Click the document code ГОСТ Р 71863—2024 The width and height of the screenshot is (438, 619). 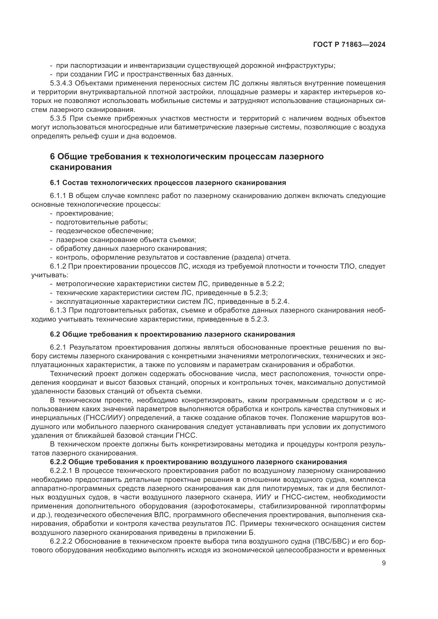tap(349, 45)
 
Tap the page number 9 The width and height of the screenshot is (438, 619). tap(383, 563)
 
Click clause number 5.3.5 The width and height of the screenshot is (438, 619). tap(58, 118)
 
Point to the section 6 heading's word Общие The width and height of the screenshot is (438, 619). tap(73, 156)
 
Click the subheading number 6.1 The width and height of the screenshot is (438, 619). tap(55, 183)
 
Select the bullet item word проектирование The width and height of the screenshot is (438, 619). tap(85, 213)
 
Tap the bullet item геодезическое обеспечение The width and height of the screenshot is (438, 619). tap(105, 231)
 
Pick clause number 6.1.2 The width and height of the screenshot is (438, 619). tap(58, 266)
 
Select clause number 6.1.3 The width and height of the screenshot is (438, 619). tap(58, 310)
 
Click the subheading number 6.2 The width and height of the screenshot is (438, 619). tap(55, 334)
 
